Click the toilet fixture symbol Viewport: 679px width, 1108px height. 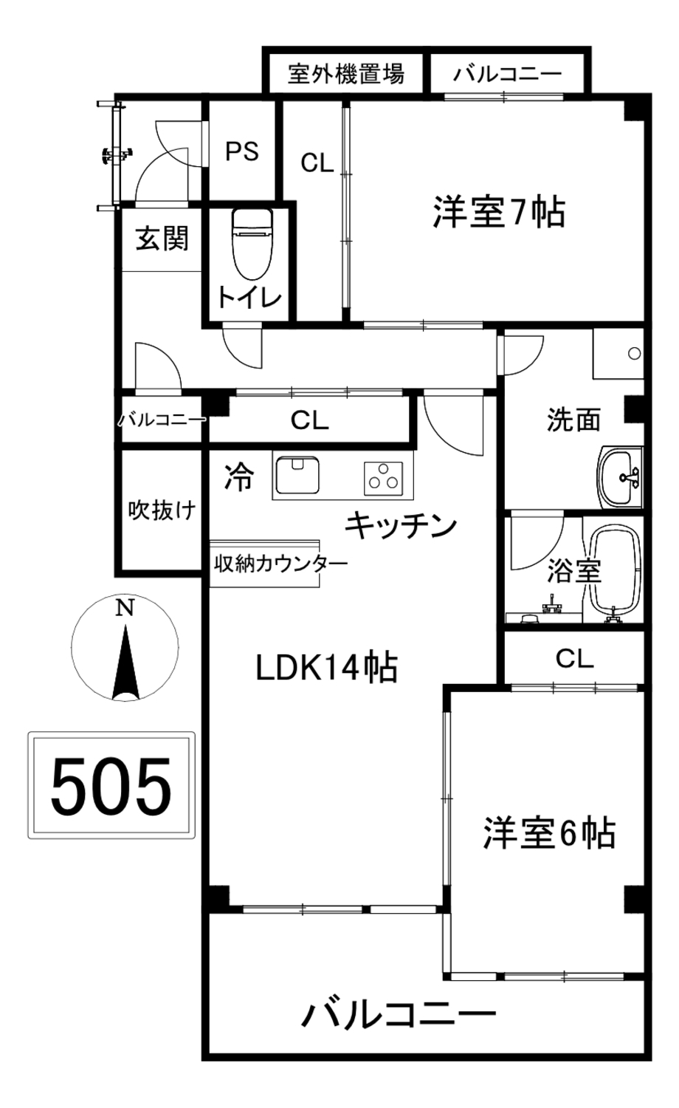click(x=252, y=244)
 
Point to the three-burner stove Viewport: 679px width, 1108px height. click(x=383, y=479)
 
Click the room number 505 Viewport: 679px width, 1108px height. click(x=111, y=787)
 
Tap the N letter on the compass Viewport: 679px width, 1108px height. click(x=125, y=607)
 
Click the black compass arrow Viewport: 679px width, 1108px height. click(x=125, y=663)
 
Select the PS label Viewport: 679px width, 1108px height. click(x=242, y=151)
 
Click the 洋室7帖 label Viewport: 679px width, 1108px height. click(x=499, y=212)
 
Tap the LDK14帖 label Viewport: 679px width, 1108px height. click(x=327, y=668)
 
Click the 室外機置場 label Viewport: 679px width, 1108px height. click(x=346, y=74)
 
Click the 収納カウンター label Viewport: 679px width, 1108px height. click(x=280, y=564)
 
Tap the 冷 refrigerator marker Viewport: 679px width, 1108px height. click(x=240, y=477)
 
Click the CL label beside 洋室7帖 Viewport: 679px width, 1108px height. click(x=317, y=163)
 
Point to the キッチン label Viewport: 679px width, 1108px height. click(x=401, y=525)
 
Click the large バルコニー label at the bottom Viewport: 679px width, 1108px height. click(x=399, y=1014)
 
